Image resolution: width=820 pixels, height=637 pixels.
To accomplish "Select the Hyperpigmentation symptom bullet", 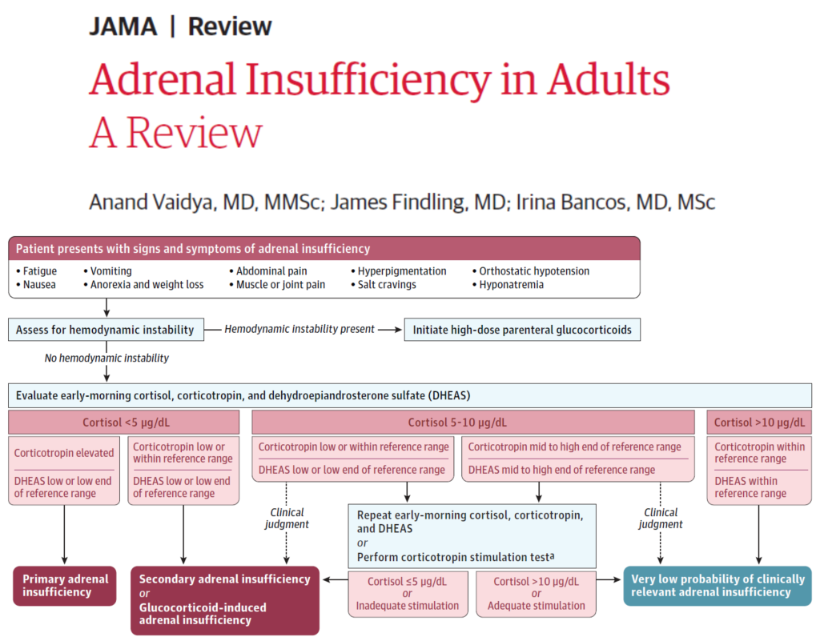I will [402, 271].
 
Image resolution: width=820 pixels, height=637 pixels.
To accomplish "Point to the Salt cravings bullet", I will [388, 285].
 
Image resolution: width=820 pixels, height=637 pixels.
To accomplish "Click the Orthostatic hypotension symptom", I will [534, 271].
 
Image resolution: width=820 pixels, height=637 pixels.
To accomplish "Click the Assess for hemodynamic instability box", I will [105, 329].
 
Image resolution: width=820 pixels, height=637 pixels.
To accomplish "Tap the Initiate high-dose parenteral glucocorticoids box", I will [522, 329].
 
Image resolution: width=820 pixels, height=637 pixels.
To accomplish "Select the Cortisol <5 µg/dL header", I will [124, 423].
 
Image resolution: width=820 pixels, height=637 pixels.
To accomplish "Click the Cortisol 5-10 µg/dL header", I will [473, 423].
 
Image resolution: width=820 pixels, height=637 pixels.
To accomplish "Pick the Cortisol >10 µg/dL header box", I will [758, 423].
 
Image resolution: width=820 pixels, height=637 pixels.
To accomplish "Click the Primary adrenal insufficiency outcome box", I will [64, 586].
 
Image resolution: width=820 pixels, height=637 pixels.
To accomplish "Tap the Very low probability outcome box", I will [717, 586].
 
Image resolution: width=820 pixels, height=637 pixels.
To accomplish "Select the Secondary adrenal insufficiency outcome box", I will [225, 599].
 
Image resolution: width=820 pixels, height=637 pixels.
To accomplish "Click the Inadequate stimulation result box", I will [407, 594].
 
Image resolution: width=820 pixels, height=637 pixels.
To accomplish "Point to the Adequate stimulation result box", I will [536, 594].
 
